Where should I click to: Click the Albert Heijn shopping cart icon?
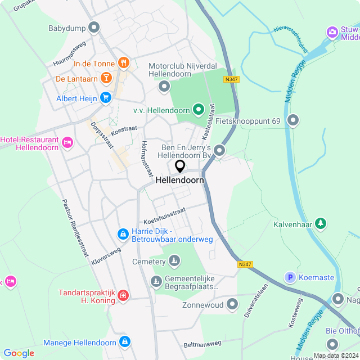coord(105,98)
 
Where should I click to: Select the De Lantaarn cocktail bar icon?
coord(106,78)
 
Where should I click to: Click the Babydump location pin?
coord(94,27)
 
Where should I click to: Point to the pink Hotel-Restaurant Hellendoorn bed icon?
coord(67,142)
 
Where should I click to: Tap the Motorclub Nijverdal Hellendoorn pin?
coord(164,86)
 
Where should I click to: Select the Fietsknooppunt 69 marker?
coord(293,120)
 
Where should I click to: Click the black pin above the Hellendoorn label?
coord(180,166)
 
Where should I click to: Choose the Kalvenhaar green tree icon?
coord(321,223)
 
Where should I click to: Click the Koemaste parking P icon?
coord(290,277)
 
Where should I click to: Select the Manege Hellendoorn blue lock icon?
coord(125,341)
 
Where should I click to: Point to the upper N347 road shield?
coord(231,79)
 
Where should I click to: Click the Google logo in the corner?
coord(19,353)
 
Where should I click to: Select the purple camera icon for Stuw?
coord(332,32)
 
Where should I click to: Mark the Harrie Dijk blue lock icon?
coord(123,233)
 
